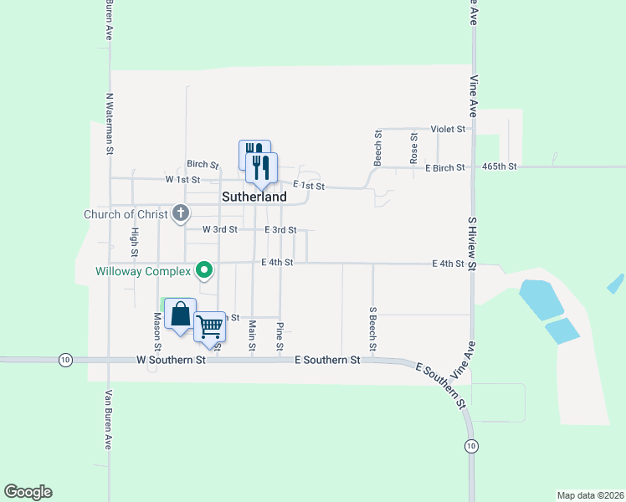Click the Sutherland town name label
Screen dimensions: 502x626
[x=254, y=197]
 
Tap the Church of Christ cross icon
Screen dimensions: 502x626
[x=181, y=214]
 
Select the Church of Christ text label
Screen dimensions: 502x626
[x=126, y=214]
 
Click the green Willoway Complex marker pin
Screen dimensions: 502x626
[x=203, y=270]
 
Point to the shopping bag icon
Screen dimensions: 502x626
[x=180, y=315]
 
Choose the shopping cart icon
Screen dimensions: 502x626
[x=211, y=327]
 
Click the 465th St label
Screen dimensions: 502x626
[x=500, y=166]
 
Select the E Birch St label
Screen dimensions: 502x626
[x=445, y=168]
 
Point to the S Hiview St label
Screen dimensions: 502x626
[x=472, y=243]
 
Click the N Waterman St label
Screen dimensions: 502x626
[x=109, y=125]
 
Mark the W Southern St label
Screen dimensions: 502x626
[x=172, y=360]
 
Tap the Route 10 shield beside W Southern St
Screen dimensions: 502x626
[x=65, y=360]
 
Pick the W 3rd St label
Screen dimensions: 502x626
[x=221, y=229]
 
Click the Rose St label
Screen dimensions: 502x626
[x=413, y=148]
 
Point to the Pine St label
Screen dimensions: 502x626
[x=280, y=336]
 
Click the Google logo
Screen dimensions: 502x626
[x=28, y=492]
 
